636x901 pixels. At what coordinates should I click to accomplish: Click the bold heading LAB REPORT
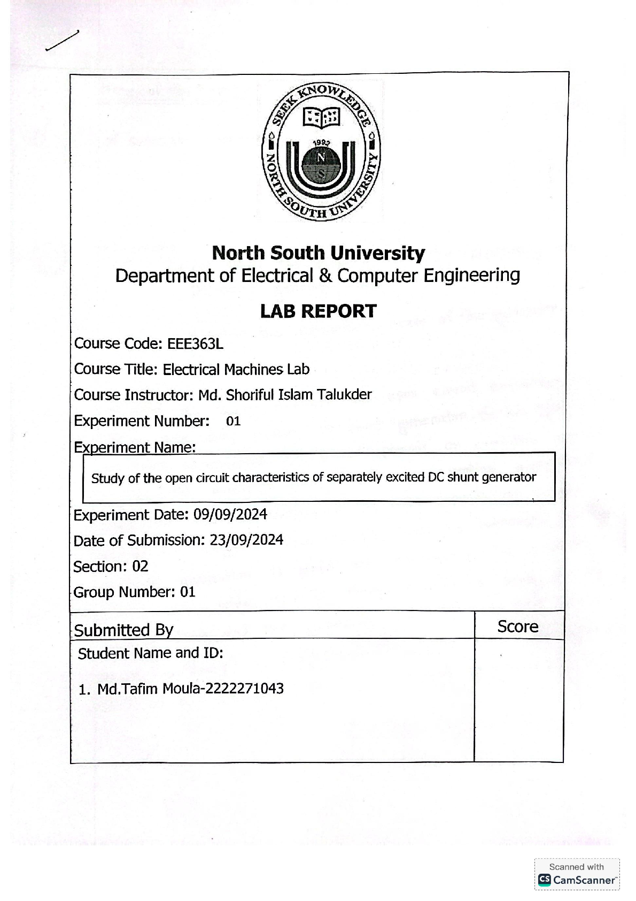pos(319,311)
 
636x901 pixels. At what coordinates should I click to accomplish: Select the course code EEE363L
pos(195,343)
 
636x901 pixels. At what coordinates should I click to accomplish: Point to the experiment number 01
pos(234,422)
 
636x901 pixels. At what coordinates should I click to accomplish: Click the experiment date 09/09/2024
pos(230,515)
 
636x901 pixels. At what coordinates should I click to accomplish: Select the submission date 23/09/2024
pos(246,540)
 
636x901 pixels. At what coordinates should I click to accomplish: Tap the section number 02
pos(140,566)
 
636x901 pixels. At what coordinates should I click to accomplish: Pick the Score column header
pos(517,627)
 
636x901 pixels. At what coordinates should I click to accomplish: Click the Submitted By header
pos(123,630)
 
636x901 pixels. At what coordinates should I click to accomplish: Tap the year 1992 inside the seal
pos(321,143)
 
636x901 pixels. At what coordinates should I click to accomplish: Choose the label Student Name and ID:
pos(150,653)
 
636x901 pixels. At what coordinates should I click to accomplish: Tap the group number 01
pos(188,592)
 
